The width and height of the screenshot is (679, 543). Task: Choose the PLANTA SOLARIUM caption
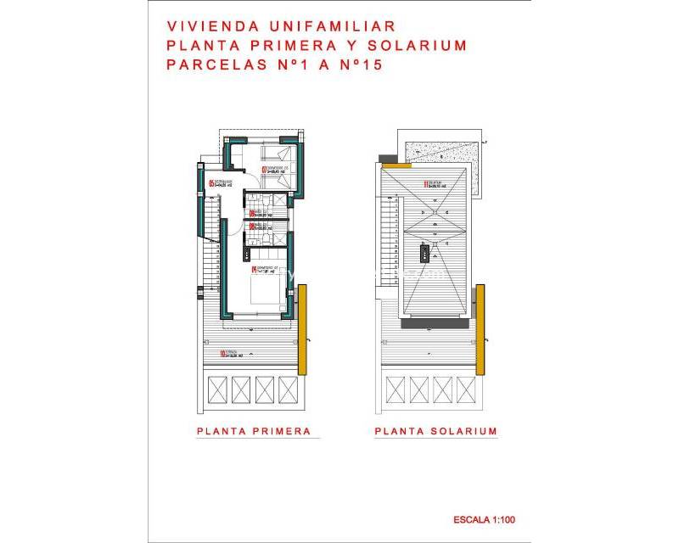[x=435, y=431]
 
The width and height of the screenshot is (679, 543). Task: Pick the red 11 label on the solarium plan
[x=425, y=182]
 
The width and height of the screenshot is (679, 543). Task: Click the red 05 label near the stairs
[x=212, y=183]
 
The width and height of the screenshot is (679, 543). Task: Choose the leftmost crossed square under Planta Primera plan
[x=216, y=389]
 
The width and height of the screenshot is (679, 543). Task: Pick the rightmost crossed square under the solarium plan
[x=466, y=389]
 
